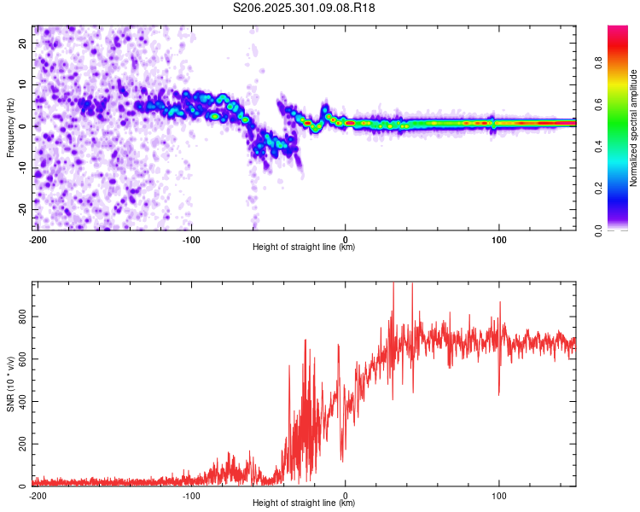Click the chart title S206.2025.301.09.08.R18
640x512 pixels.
point(305,8)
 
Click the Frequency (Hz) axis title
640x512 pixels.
point(11,127)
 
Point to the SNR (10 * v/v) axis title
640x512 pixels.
point(11,384)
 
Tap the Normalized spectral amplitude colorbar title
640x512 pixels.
point(633,127)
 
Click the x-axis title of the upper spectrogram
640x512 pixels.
point(304,247)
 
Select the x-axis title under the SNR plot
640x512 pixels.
point(304,503)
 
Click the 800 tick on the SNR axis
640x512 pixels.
point(21,317)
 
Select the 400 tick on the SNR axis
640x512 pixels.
point(21,402)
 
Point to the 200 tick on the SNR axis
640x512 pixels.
point(21,445)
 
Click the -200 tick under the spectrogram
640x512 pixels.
point(38,239)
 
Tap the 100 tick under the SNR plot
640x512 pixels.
point(498,495)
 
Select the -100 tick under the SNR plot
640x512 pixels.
point(191,495)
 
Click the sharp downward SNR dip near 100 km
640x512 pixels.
point(499,393)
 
